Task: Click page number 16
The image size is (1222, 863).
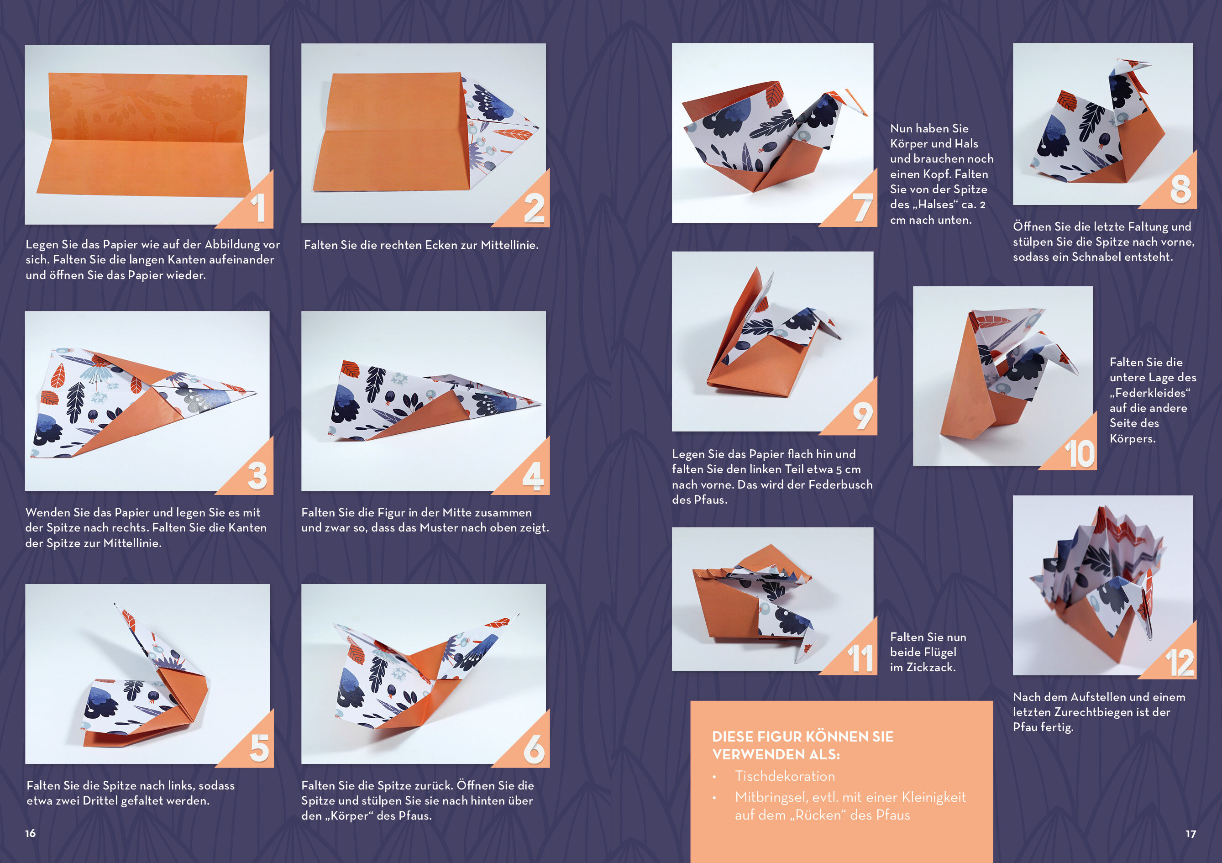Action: coord(30,833)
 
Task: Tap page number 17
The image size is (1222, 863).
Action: coord(1191,834)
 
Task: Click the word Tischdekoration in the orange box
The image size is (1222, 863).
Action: coord(785,776)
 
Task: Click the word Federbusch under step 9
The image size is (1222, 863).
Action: coord(840,484)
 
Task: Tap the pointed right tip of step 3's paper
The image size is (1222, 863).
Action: coord(256,393)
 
